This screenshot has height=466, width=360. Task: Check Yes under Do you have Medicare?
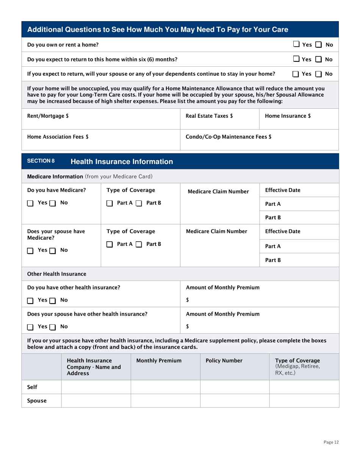click(x=31, y=203)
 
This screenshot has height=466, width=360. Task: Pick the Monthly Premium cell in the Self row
click(x=165, y=387)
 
